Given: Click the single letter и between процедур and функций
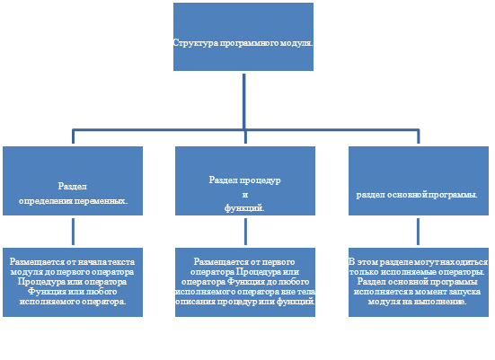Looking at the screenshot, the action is [x=245, y=195].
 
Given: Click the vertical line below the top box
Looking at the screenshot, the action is [x=244, y=101].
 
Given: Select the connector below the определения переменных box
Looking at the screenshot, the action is [x=74, y=232].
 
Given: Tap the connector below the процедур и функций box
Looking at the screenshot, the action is [x=245, y=232].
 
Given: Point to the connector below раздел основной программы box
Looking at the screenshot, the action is [x=419, y=232].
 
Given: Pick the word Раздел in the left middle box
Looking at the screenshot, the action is [x=73, y=187].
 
